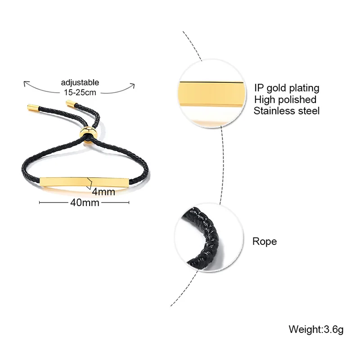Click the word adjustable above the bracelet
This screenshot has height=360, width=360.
tap(80, 82)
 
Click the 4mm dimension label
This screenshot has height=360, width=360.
tap(103, 192)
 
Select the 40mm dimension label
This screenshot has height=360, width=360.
tap(85, 202)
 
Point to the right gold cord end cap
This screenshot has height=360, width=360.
tap(71, 104)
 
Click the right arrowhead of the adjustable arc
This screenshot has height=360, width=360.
tap(134, 84)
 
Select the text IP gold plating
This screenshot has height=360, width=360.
tap(286, 88)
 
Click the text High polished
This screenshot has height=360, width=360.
tap(285, 99)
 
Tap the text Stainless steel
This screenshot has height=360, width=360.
tap(286, 111)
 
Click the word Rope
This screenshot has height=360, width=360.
tap(265, 242)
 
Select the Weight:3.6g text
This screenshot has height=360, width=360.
tap(316, 329)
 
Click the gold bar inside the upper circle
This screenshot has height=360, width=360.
tap(211, 94)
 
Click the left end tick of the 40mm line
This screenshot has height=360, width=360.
tap(40, 202)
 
